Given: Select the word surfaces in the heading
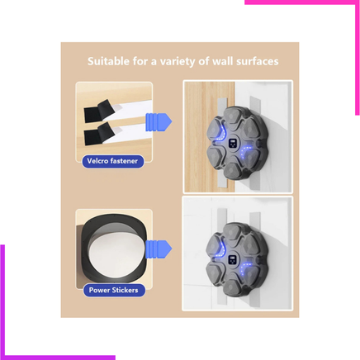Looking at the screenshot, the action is (x=258, y=61).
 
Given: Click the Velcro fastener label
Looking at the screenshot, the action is (x=112, y=161).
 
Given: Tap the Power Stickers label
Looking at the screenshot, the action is (x=114, y=290).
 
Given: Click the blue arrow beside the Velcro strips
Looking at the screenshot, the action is (x=159, y=122).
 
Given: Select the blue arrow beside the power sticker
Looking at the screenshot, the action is (x=159, y=249).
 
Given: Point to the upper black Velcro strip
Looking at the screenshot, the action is (x=99, y=111).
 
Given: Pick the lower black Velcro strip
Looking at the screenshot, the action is (x=99, y=134).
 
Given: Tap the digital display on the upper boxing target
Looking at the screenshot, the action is (x=233, y=143).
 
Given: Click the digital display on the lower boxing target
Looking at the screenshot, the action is (x=232, y=260).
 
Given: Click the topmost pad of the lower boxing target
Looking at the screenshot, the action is (x=233, y=233).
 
